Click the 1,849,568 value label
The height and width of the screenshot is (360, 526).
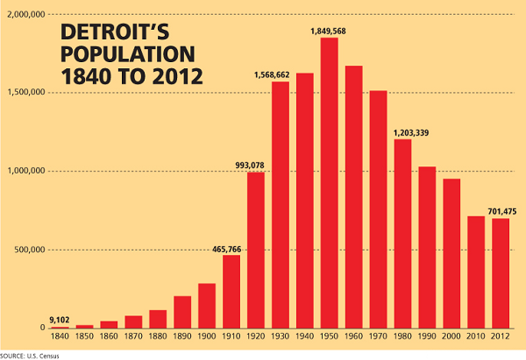coord(330,32)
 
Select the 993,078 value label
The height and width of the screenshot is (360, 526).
coord(255,164)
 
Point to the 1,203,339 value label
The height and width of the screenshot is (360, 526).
coord(402,132)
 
